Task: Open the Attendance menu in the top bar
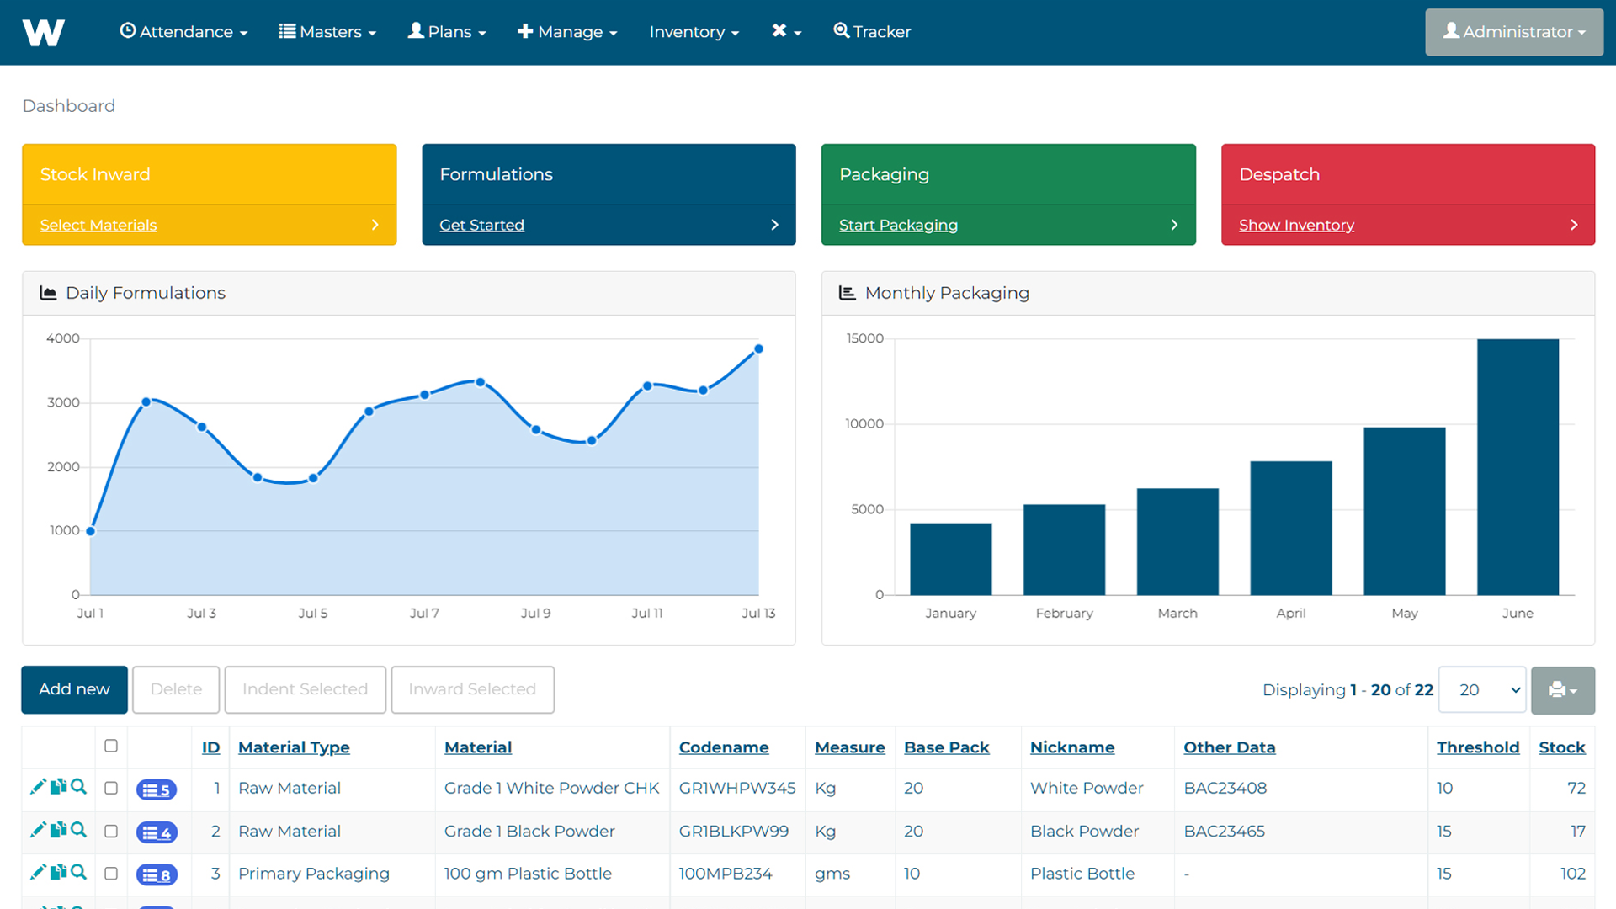(183, 32)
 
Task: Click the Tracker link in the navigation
(872, 32)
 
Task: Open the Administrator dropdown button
(1513, 32)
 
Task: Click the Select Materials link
(98, 225)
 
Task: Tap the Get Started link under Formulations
(481, 225)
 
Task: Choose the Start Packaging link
(898, 225)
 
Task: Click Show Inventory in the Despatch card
(1296, 225)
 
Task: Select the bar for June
(1518, 467)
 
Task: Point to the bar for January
(950, 559)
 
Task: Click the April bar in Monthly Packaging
(1291, 528)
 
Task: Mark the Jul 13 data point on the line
(758, 348)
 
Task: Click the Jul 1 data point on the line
(91, 531)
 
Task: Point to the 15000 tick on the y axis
(865, 338)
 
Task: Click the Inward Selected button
(472, 689)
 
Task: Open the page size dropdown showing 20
(1482, 689)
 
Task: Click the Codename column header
(724, 747)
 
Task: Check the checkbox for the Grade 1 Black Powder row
(111, 831)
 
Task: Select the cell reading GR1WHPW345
(737, 788)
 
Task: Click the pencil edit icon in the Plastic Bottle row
(37, 872)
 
